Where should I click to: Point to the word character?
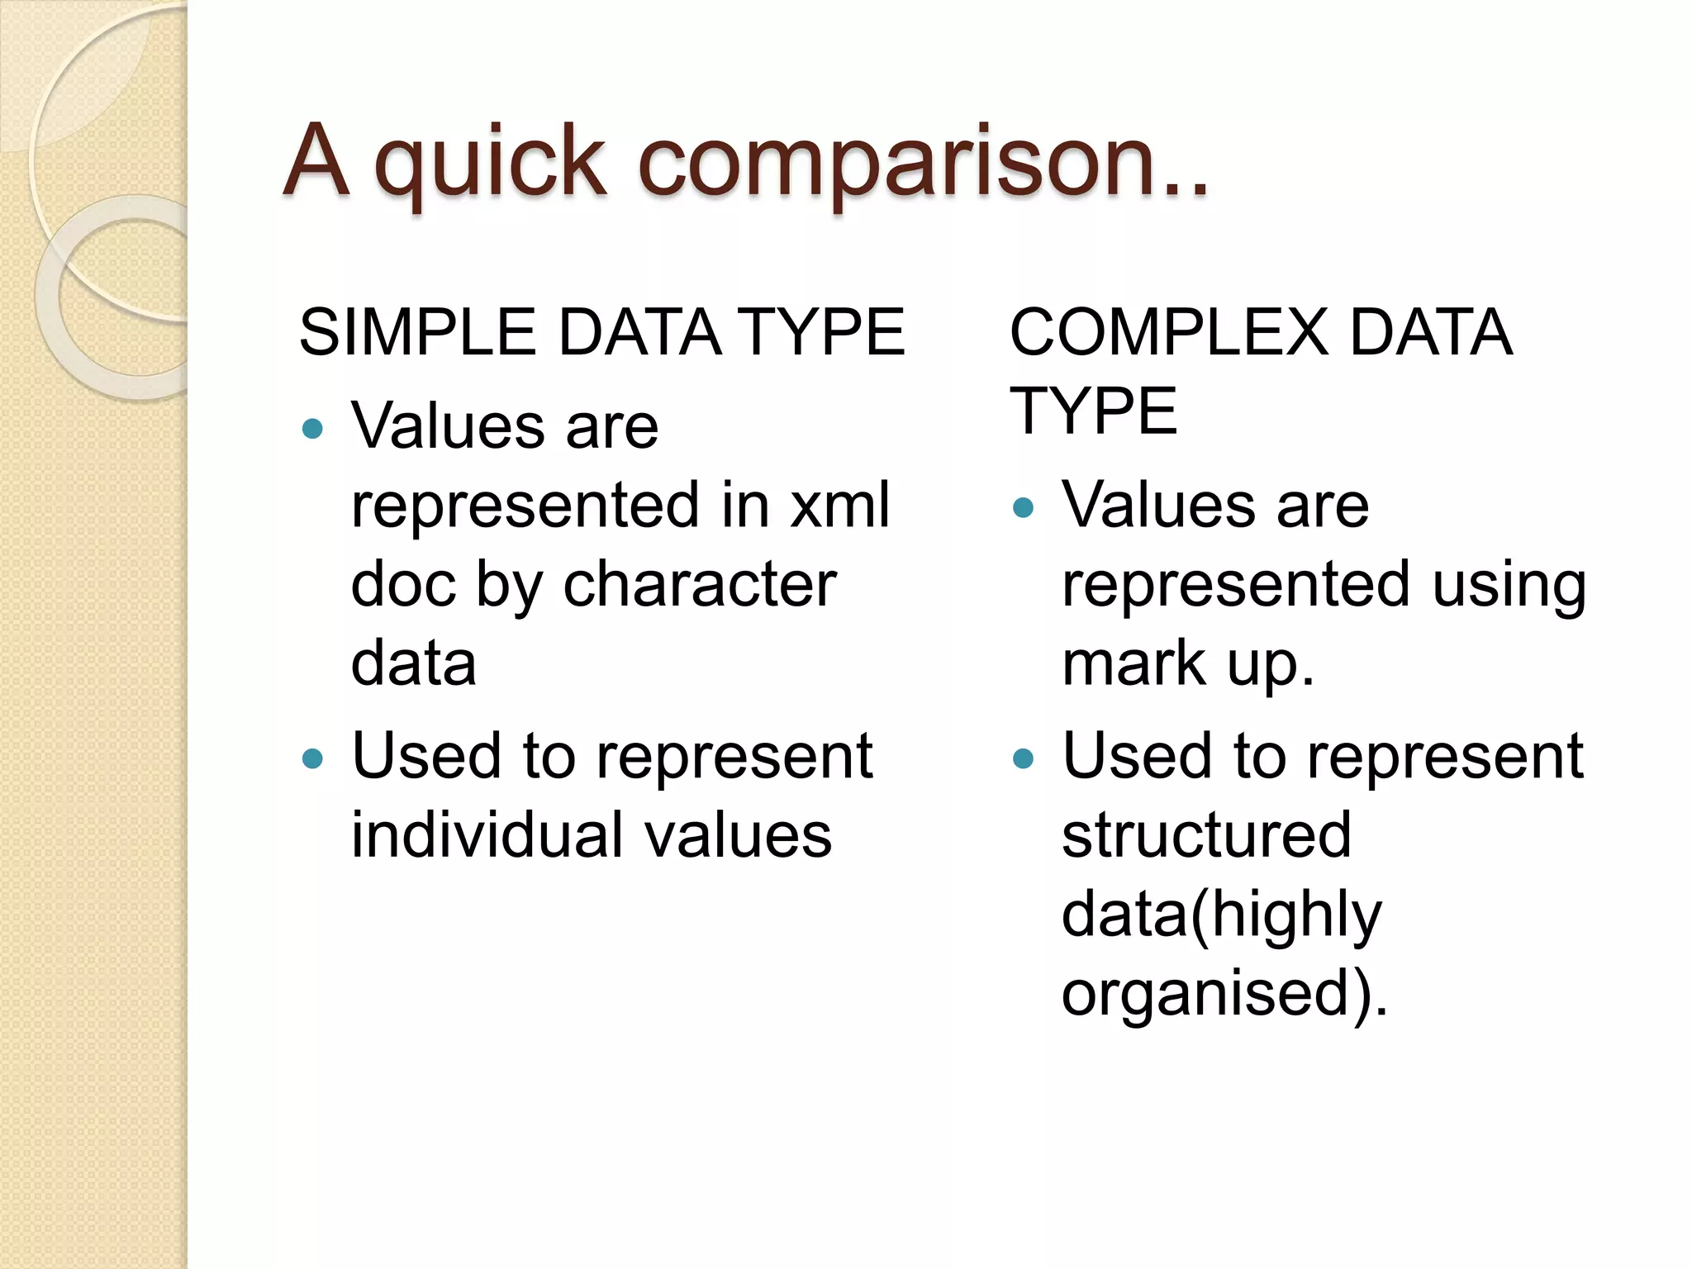tap(700, 584)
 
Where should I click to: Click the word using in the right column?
tap(1509, 584)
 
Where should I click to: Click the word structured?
tap(1206, 835)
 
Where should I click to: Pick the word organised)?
tap(1224, 994)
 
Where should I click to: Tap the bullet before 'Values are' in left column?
tap(312, 428)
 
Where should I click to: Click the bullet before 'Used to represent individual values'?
tap(312, 758)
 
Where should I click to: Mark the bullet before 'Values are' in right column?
tap(1023, 506)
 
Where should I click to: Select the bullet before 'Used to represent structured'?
tap(1023, 758)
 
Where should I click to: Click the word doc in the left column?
tap(402, 584)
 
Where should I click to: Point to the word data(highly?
tap(1221, 915)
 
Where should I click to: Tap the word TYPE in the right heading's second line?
tap(1094, 411)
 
